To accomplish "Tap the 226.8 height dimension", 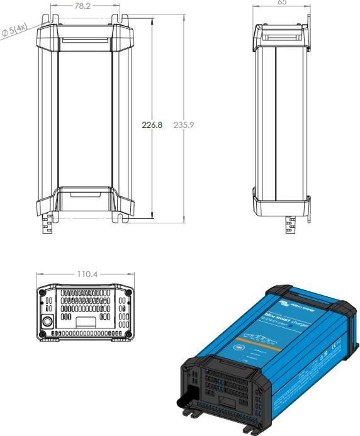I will coord(152,125).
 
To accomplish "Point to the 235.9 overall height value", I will coord(184,125).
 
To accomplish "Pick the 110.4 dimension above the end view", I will coord(86,275).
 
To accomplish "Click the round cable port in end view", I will coord(47,320).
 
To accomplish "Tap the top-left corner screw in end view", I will coord(42,293).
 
